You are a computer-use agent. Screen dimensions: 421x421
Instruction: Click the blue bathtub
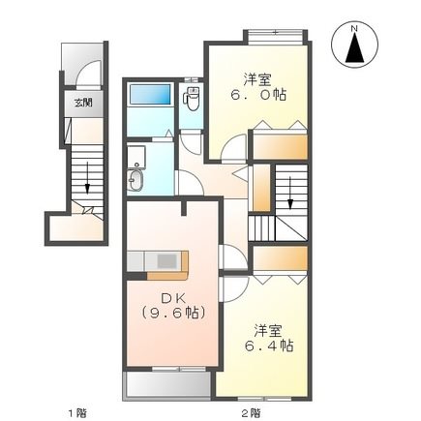click(x=150, y=96)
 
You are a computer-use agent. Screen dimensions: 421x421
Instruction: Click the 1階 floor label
click(x=75, y=412)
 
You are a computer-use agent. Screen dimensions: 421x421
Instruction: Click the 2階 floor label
click(x=251, y=412)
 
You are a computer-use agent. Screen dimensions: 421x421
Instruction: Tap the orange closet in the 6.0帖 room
click(x=281, y=145)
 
